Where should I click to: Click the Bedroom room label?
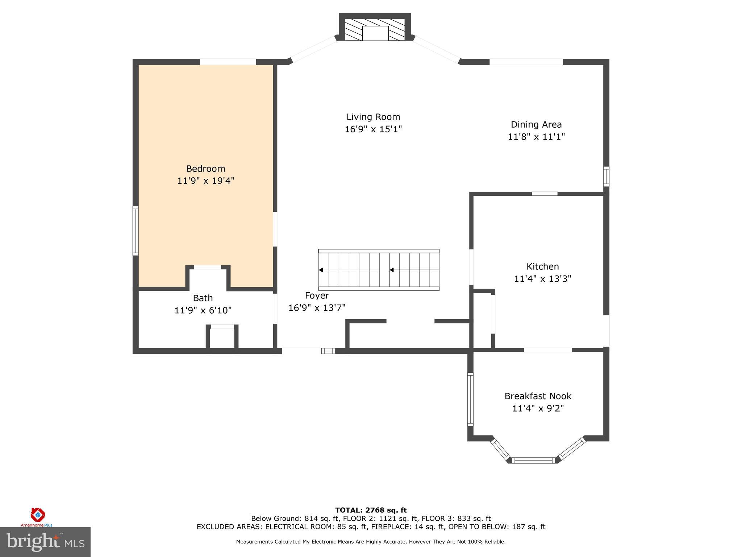pos(205,169)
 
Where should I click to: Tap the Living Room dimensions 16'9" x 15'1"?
pos(373,129)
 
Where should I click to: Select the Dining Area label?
pos(536,125)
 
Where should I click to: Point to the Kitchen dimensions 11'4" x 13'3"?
pos(542,279)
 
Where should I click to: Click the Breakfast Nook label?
pos(538,396)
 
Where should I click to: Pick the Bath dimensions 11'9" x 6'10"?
pos(203,310)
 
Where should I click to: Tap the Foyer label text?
pos(317,296)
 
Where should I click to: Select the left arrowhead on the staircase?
pos(321,270)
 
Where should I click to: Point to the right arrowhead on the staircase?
pos(392,270)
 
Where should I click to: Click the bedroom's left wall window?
pos(136,231)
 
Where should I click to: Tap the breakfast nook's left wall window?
pos(470,399)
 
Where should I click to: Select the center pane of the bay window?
pos(534,460)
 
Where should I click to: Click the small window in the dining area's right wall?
pos(606,177)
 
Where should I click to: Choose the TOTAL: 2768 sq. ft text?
pos(371,511)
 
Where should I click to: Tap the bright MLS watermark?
pos(45,542)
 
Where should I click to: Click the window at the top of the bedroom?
pos(228,62)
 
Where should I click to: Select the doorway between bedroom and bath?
pos(207,268)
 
